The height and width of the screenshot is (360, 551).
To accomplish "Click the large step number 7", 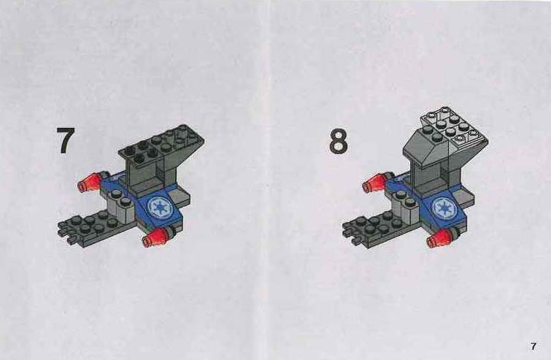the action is pyautogui.click(x=66, y=141).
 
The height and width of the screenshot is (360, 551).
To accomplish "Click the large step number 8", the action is pyautogui.click(x=339, y=141).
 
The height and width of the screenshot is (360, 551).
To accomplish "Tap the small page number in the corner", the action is pyautogui.click(x=533, y=346).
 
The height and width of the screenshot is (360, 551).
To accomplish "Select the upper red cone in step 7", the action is pyautogui.click(x=88, y=182).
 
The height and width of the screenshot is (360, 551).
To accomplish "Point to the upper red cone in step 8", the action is pyautogui.click(x=373, y=183).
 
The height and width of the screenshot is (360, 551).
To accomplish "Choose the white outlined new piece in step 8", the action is pyautogui.click(x=455, y=129).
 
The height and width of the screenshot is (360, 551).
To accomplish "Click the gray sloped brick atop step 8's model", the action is pyautogui.click(x=426, y=148).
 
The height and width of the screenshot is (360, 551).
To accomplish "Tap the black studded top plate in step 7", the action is pyautogui.click(x=161, y=144).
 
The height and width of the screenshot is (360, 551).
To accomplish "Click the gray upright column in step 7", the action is pyautogui.click(x=150, y=175).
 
